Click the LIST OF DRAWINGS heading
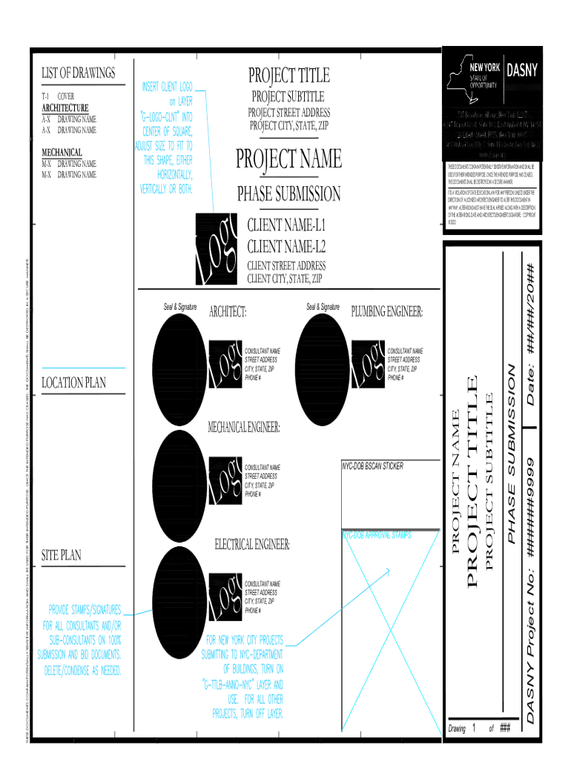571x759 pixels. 78,73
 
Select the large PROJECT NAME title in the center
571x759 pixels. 288,159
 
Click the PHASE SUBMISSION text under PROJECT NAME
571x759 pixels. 288,194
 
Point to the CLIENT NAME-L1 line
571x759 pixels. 285,225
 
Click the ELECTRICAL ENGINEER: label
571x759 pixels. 252,546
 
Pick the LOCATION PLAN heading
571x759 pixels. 73,382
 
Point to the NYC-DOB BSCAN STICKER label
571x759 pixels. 372,466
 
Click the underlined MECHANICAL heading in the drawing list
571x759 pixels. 62,152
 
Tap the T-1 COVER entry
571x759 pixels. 57,96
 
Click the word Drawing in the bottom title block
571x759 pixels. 457,729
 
